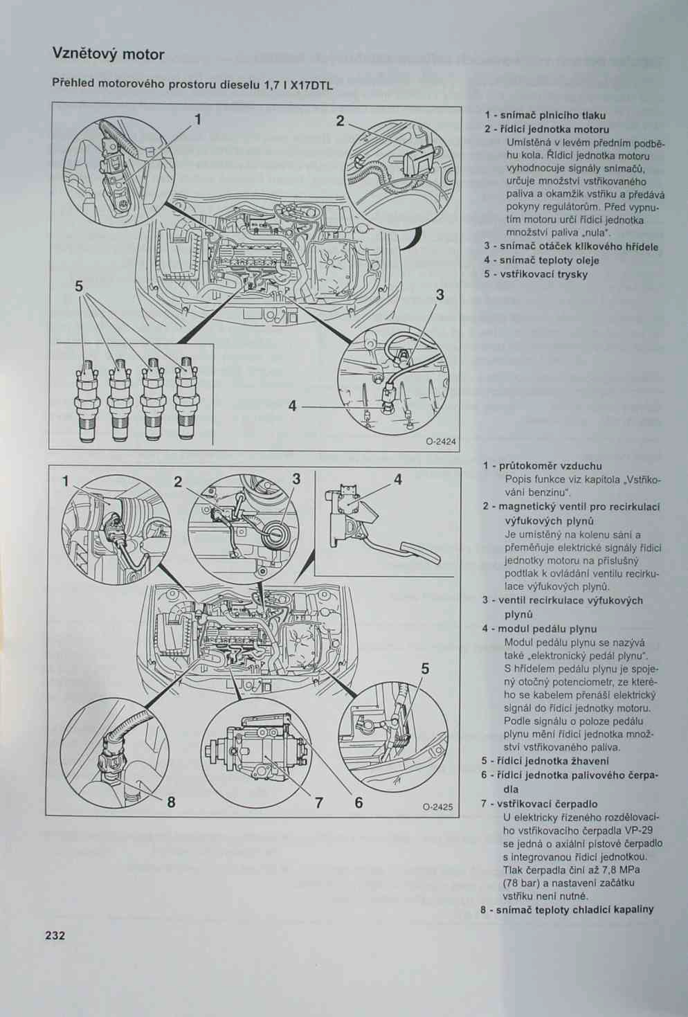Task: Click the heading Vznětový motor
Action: [x=108, y=54]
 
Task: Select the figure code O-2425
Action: [x=438, y=807]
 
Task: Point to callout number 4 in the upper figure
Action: [x=293, y=406]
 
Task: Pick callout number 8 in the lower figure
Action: [x=171, y=802]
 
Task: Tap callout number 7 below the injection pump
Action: [x=319, y=803]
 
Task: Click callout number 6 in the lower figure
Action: [x=359, y=803]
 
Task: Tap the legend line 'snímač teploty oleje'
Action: [x=546, y=260]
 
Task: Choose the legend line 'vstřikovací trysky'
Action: [x=540, y=274]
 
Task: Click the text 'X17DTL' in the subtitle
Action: [x=312, y=86]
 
